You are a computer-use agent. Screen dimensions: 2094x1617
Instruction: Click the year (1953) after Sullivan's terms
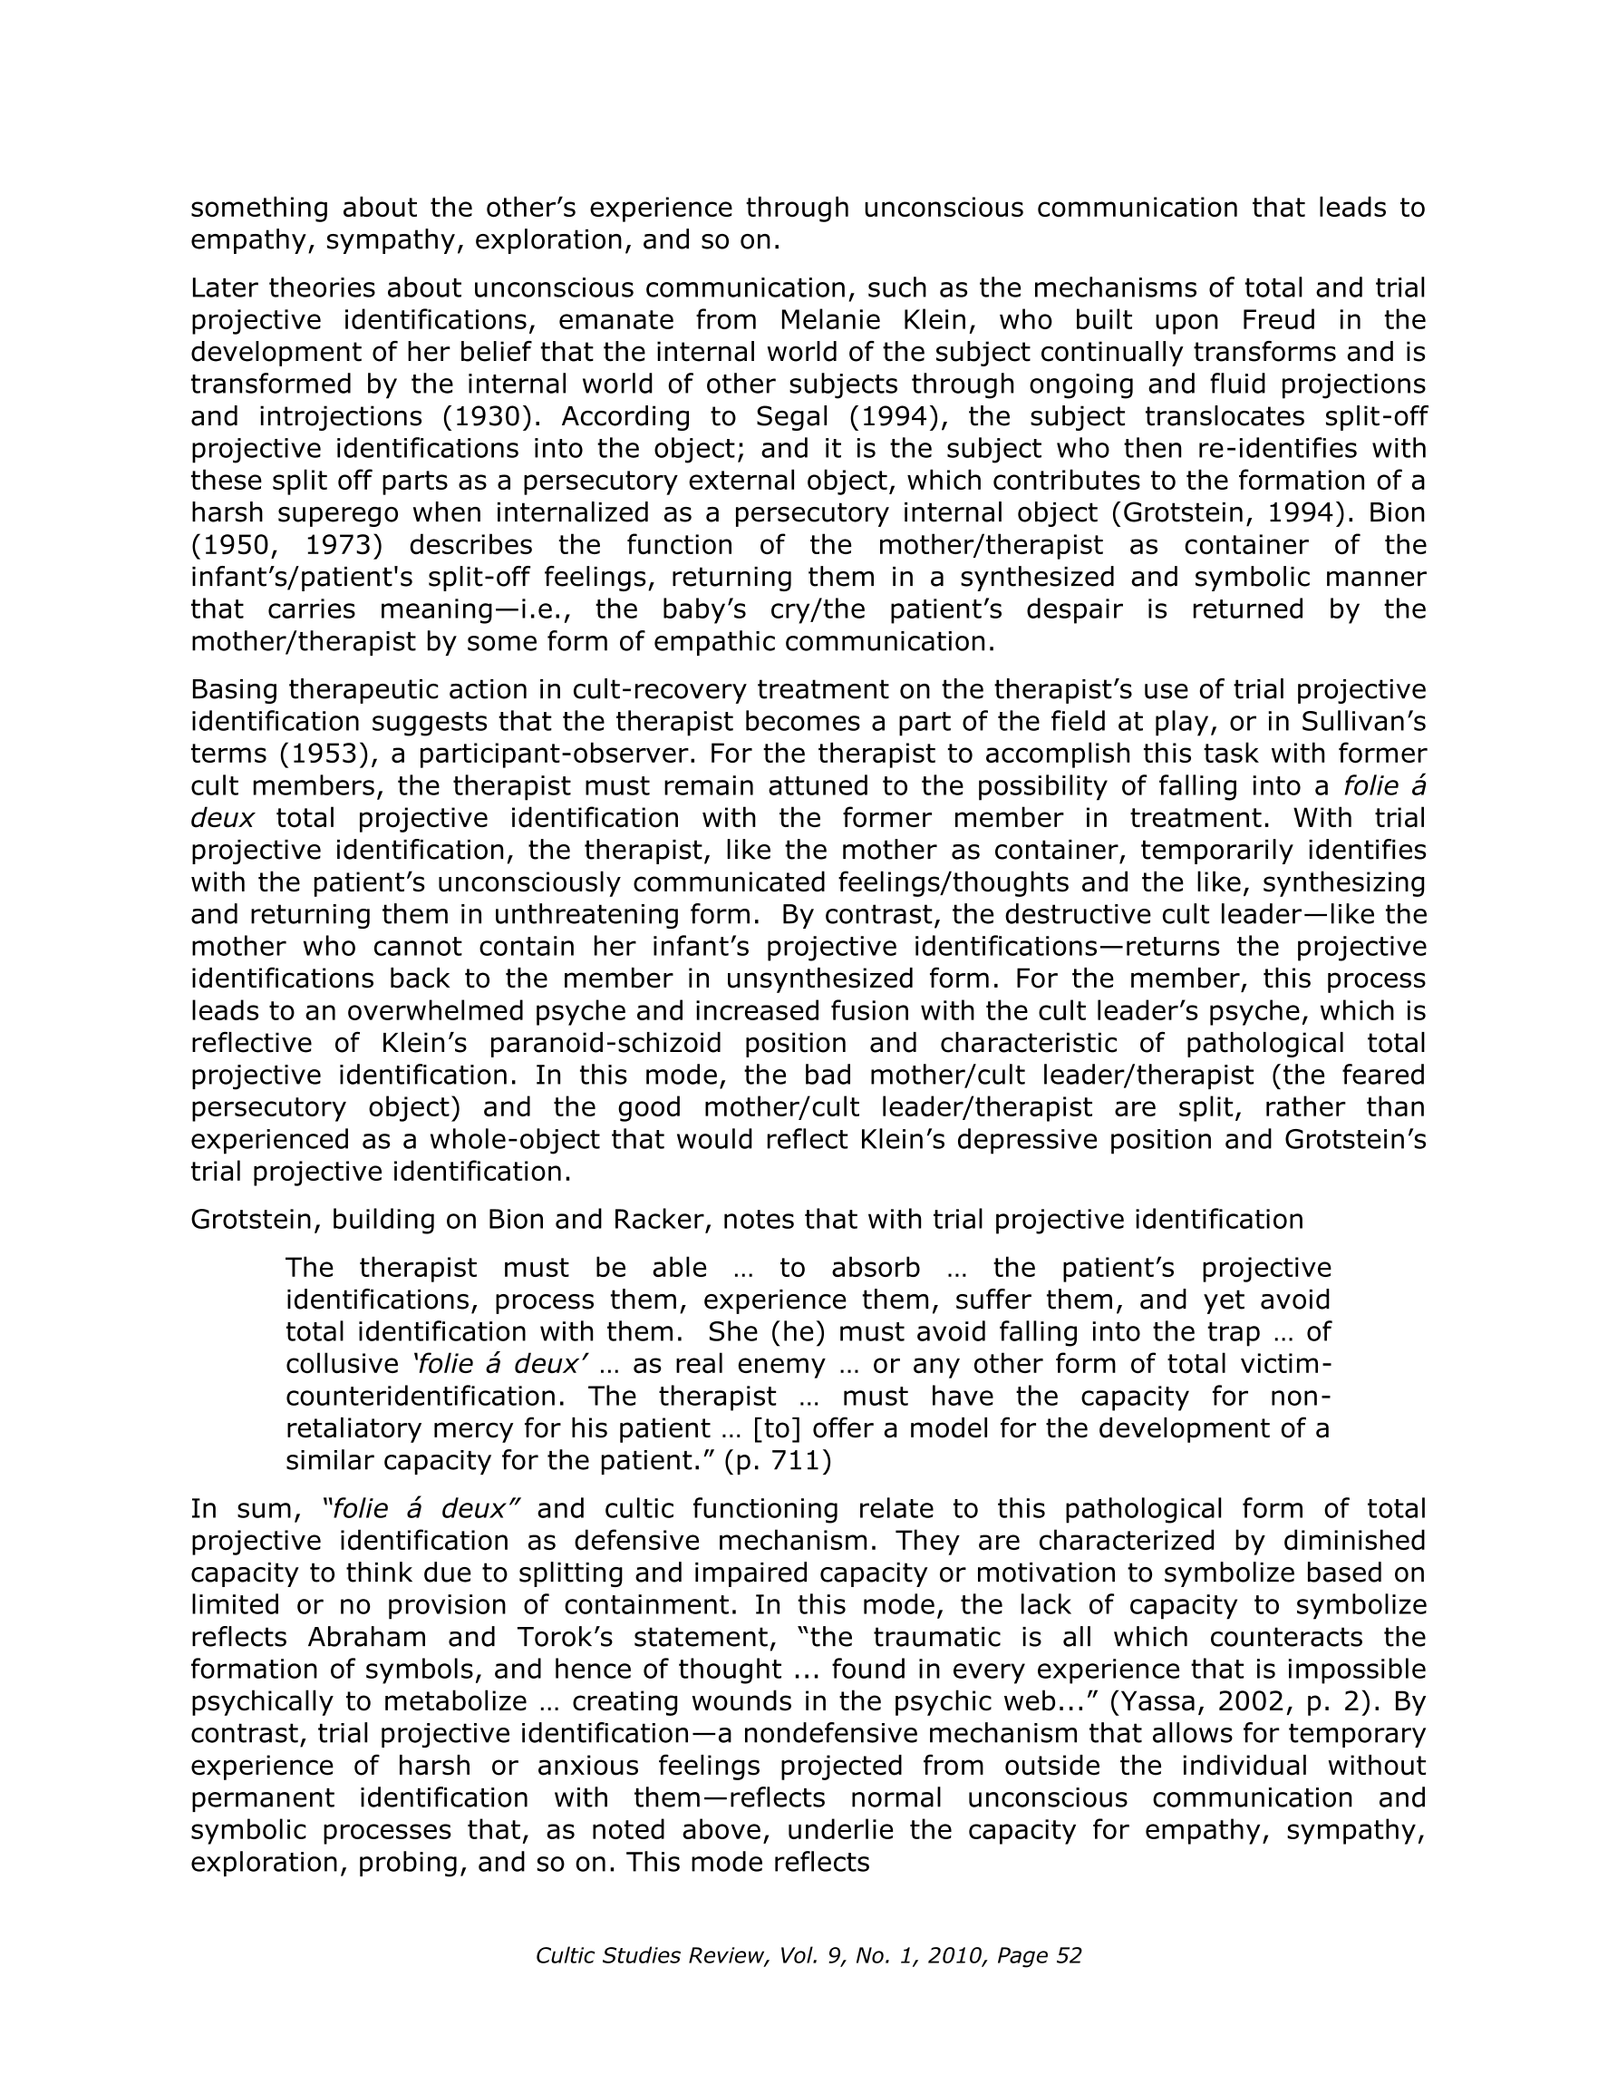324,754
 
